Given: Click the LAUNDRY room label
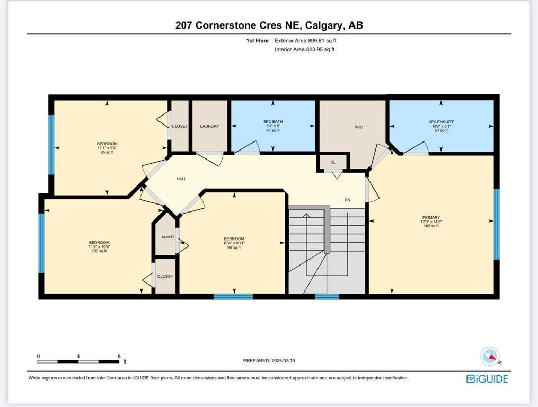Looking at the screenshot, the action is coord(209,126).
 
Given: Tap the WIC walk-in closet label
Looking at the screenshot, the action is coord(358,127).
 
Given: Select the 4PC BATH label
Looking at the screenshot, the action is coord(273,121).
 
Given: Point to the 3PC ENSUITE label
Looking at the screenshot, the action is coord(441,122).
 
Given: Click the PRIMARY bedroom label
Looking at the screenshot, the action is coord(431,218).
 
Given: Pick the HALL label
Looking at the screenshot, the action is coord(181,179).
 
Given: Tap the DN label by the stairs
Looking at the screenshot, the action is coord(347,200).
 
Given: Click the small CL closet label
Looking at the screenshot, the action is coord(333,162).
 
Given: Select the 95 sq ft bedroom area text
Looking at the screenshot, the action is coord(107,152).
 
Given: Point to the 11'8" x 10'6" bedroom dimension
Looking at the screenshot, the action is coord(99,247).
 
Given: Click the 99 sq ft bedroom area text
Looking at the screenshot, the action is coord(234,247).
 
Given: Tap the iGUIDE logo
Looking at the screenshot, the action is coord(487,379).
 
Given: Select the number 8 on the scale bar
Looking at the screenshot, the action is coord(119,356).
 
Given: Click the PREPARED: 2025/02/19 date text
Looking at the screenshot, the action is coord(269,361).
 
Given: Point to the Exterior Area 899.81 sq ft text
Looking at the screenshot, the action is coord(305,40).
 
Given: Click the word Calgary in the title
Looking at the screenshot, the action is coord(323,25).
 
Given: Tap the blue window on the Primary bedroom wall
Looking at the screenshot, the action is coord(497,224).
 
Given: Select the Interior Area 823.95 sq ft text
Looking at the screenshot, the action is coord(305,49).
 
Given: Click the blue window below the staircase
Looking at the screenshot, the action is coord(327,297).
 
